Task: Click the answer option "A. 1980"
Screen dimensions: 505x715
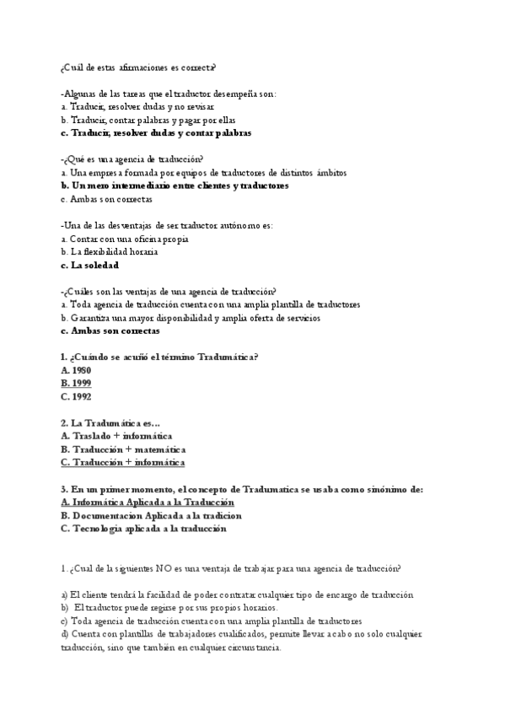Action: [x=77, y=370]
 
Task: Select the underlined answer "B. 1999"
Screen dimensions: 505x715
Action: [x=77, y=383]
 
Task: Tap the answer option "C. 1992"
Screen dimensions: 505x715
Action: [x=77, y=396]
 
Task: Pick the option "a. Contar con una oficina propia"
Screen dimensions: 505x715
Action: [x=125, y=239]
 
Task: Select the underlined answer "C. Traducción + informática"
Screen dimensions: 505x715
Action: [x=123, y=462]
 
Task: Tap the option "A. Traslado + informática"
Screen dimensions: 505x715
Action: [x=117, y=436]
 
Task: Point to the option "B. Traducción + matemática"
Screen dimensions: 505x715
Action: [x=124, y=449]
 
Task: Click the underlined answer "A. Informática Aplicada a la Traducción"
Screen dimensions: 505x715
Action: [x=148, y=502]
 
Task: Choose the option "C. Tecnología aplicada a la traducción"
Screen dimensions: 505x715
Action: [x=144, y=529]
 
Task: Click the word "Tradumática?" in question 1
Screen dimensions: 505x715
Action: [x=227, y=357]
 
